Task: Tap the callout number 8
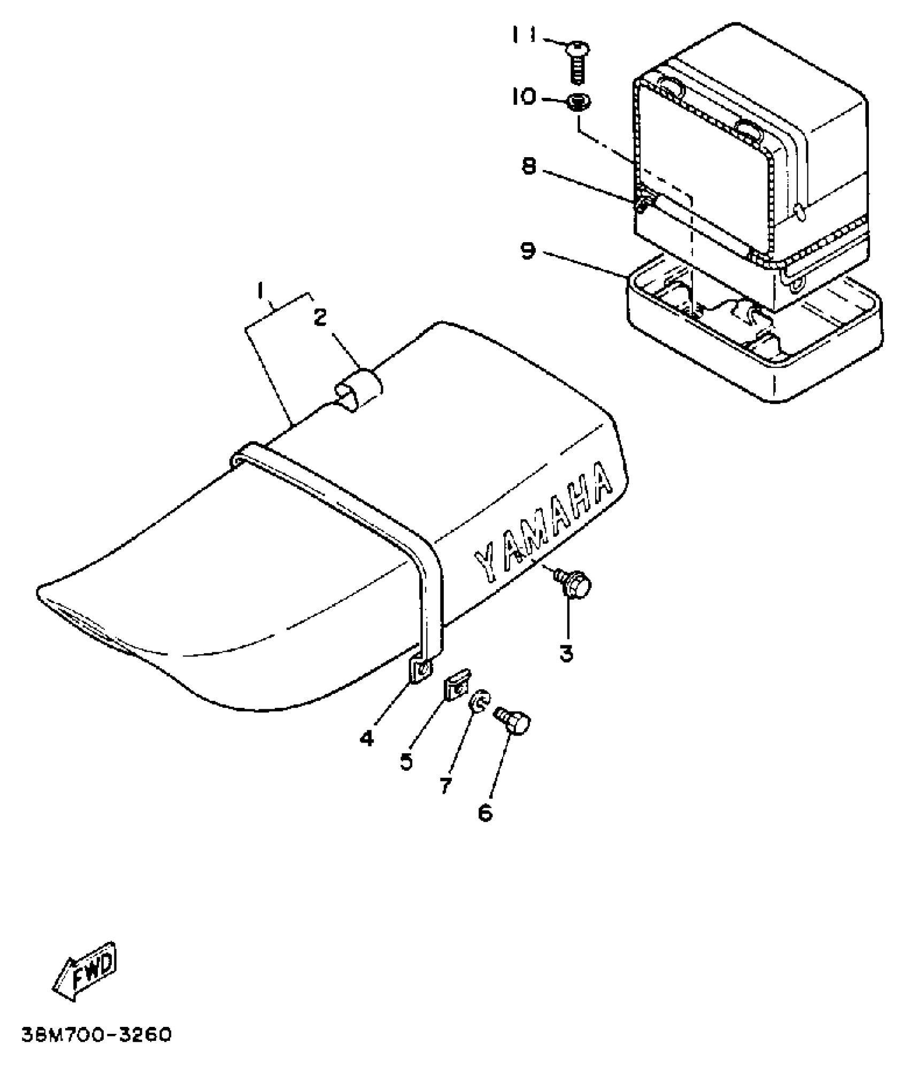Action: coord(528,166)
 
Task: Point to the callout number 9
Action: coord(528,251)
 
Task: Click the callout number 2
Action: coord(320,318)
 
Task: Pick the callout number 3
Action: coord(566,653)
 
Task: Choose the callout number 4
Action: coord(366,739)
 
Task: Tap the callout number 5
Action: coord(407,761)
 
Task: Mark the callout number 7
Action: coord(445,785)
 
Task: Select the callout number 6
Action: coord(484,813)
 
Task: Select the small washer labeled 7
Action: coord(477,703)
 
